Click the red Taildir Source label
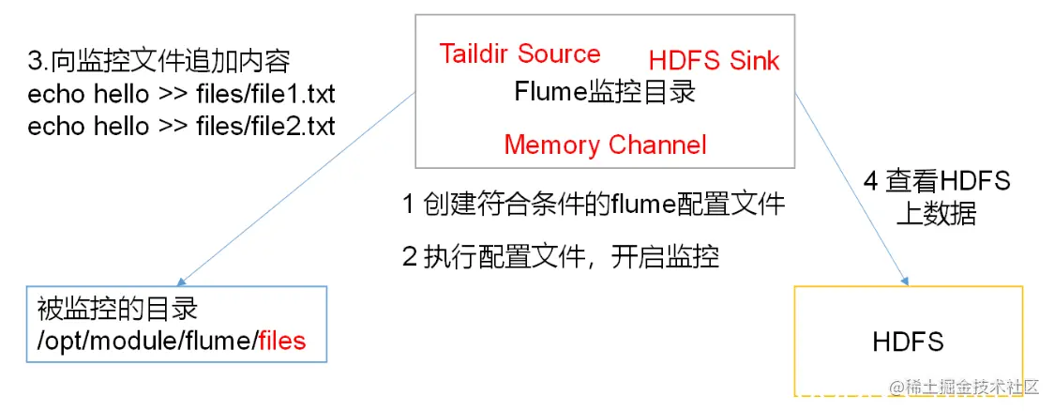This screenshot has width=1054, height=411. pos(519,53)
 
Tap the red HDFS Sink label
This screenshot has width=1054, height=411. pos(714,61)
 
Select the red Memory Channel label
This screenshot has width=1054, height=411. pos(605,145)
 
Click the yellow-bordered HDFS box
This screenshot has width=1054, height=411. pos(908,341)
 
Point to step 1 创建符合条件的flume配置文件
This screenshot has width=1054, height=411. pos(594,204)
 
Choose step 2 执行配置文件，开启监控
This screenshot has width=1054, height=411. pos(561,256)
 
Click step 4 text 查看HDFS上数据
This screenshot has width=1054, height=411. pos(937,196)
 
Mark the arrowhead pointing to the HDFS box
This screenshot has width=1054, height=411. pos(906,279)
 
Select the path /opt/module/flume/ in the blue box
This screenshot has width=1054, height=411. pos(146,340)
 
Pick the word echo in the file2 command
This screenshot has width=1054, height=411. pos(53,126)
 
